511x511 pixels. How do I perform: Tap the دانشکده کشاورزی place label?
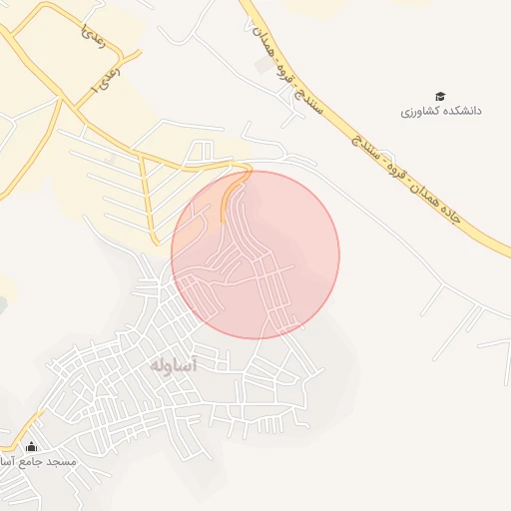441,111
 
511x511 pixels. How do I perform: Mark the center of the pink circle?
255,255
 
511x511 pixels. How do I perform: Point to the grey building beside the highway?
263,68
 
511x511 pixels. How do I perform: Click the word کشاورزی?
420,111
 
